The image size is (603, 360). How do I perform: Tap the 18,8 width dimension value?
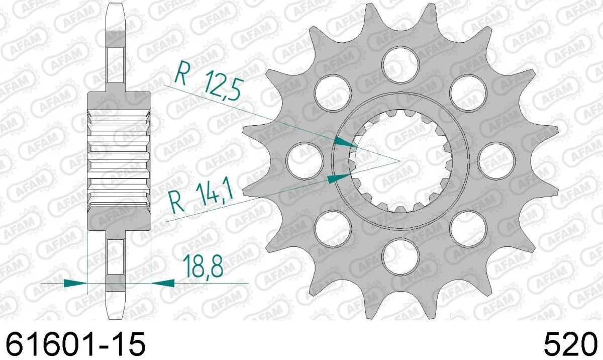click(203, 266)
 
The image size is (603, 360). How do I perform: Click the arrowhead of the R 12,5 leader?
click(346, 143)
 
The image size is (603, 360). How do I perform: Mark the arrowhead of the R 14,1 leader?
click(339, 177)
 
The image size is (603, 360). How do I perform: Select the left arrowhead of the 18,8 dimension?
click(75, 284)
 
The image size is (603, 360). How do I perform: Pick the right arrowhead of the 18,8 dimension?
click(162, 284)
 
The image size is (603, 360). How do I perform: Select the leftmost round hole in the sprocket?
click(304, 160)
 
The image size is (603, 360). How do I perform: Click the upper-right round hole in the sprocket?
click(468, 91)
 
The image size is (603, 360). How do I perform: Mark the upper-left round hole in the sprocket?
click(332, 91)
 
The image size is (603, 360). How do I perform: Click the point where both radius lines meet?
click(399, 160)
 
